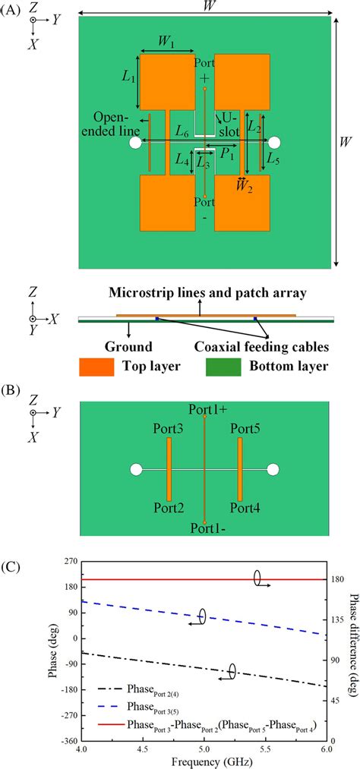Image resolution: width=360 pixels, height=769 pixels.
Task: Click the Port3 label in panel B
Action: click(169, 430)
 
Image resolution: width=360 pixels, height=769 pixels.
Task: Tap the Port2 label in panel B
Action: click(169, 507)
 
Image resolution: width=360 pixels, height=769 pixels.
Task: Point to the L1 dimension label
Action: click(128, 79)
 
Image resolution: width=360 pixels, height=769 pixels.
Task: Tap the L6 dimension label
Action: click(182, 132)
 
